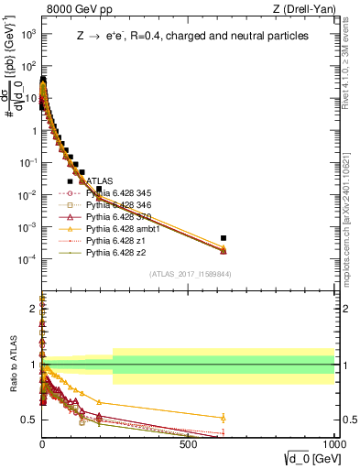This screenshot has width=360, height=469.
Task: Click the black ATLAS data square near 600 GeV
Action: [x=223, y=238]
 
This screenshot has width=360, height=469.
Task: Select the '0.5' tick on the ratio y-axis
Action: [x=29, y=420]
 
